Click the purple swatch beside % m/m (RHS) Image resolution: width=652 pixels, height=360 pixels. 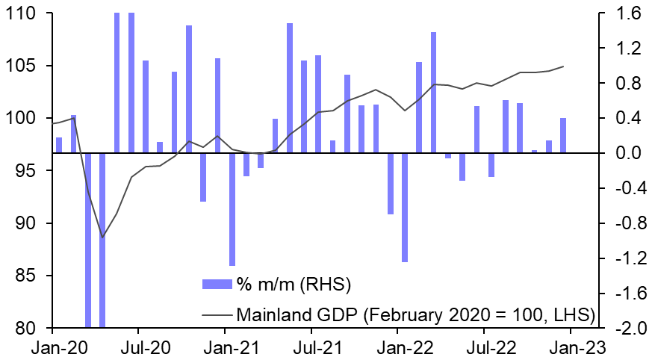pyautogui.click(x=217, y=285)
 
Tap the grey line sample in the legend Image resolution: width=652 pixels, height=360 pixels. pyautogui.click(x=217, y=314)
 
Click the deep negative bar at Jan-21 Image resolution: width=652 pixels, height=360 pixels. pyautogui.click(x=232, y=209)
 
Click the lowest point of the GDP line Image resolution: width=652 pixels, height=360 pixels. pyautogui.click(x=102, y=238)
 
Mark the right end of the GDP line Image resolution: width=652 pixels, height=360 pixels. pyautogui.click(x=563, y=66)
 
